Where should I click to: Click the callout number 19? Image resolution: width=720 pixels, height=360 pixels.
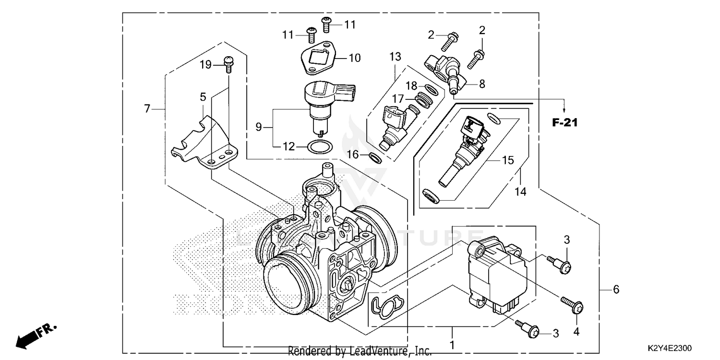(205, 64)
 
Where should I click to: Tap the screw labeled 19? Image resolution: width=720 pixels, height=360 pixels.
(228, 63)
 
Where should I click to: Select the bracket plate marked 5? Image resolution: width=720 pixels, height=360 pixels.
(204, 142)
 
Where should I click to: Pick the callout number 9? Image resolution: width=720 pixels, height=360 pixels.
(259, 127)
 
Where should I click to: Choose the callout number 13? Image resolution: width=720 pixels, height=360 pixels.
(395, 57)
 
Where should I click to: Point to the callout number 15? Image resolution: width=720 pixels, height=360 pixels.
(507, 160)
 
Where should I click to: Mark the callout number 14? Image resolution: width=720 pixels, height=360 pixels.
(520, 192)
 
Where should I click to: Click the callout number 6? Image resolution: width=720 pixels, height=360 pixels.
(616, 289)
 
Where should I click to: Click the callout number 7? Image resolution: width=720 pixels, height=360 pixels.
(147, 108)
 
